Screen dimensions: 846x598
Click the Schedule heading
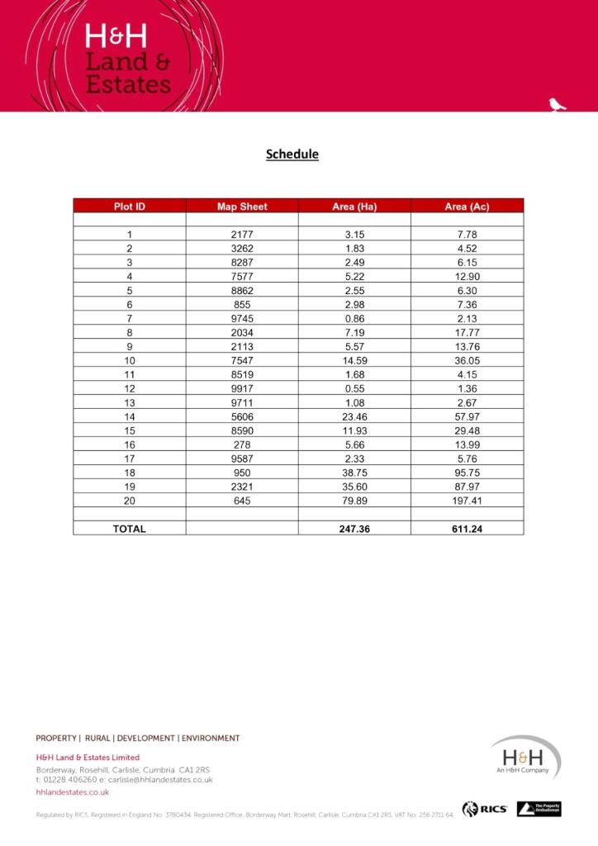click(x=292, y=154)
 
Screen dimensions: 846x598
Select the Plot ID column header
click(x=130, y=207)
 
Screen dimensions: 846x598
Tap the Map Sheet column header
click(x=242, y=207)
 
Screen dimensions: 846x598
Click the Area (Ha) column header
click(x=354, y=207)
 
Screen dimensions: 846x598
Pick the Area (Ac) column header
click(x=467, y=207)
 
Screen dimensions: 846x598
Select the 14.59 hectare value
click(x=354, y=360)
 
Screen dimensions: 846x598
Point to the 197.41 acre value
click(x=467, y=501)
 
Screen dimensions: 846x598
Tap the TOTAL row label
click(x=130, y=529)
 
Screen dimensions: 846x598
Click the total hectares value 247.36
click(x=354, y=529)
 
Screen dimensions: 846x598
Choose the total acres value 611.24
click(x=467, y=529)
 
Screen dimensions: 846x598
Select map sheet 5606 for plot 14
click(x=242, y=416)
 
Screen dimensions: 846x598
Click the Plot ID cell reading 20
click(x=130, y=501)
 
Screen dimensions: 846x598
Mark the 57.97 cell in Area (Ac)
click(x=467, y=416)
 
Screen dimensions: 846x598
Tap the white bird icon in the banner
click(x=558, y=104)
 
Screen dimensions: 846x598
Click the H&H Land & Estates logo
click(x=128, y=59)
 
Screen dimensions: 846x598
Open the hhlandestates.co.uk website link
click(x=73, y=792)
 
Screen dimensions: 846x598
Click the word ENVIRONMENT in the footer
click(x=211, y=739)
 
